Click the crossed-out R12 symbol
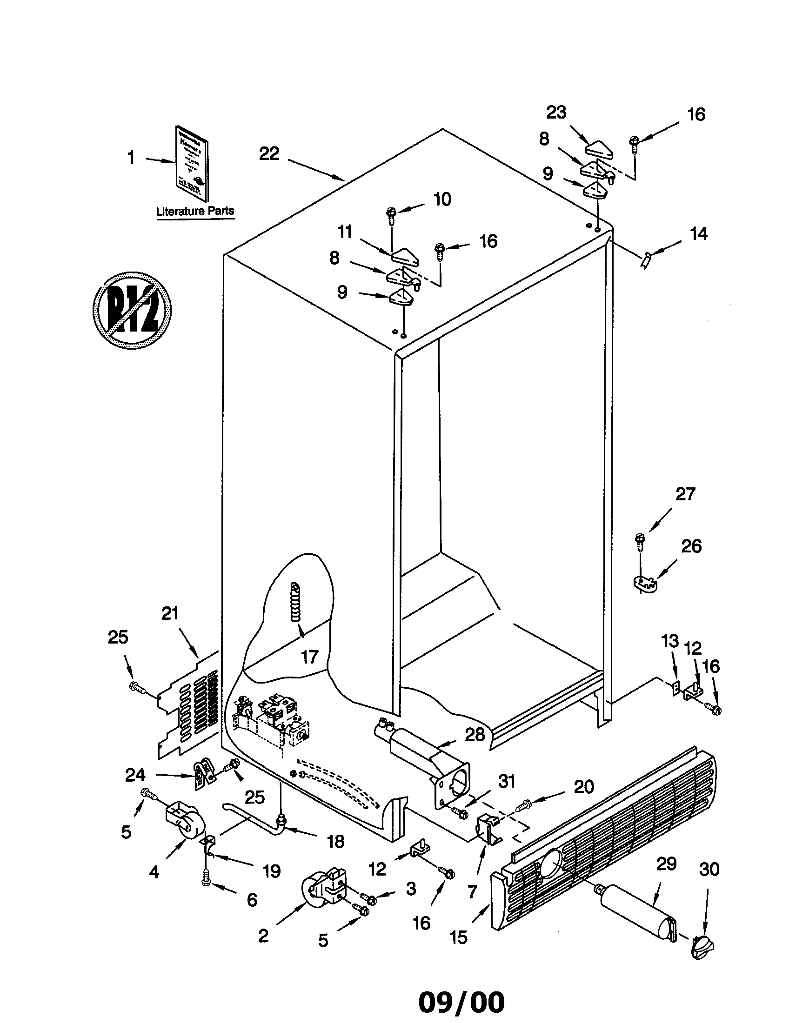[x=132, y=310]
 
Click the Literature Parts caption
[x=195, y=211]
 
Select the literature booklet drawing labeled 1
[x=192, y=163]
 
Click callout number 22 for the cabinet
[x=269, y=153]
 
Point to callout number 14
[x=698, y=234]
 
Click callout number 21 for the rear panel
[x=170, y=613]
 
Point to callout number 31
[x=507, y=781]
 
